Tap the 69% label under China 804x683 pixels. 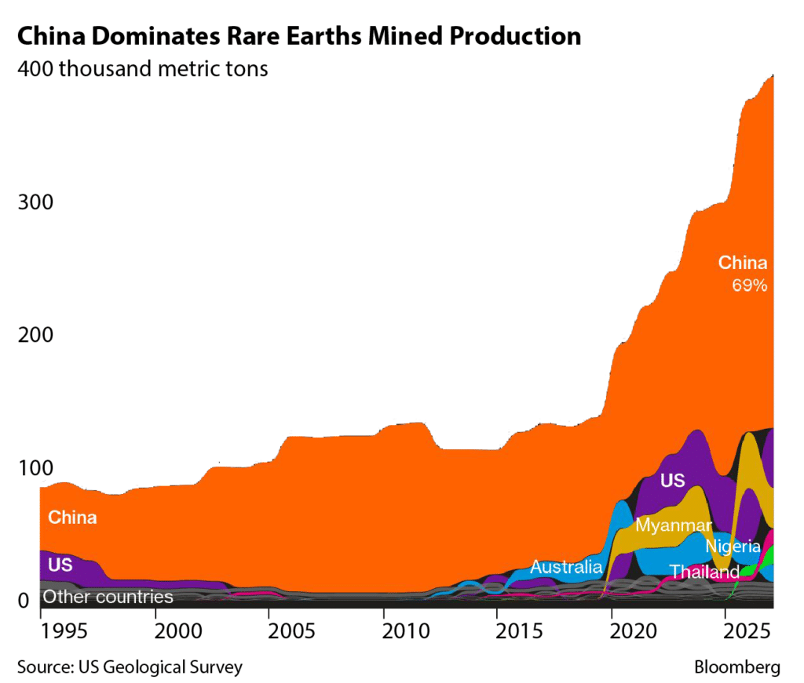(x=749, y=286)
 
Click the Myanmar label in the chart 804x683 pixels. (x=674, y=525)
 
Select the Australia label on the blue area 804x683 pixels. (x=566, y=566)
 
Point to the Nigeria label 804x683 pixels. (x=733, y=546)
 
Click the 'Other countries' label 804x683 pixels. (x=108, y=597)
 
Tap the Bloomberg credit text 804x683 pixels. (x=737, y=667)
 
